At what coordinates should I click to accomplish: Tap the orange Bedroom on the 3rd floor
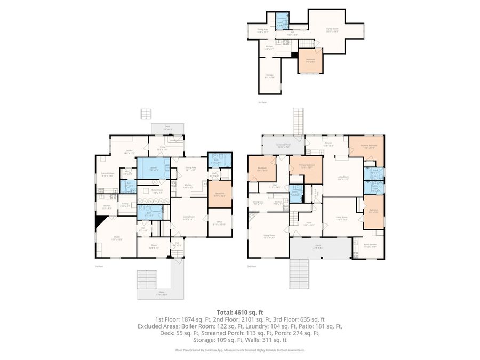310,60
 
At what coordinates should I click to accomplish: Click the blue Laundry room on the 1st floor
153,169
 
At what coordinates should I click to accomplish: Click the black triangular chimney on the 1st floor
99,222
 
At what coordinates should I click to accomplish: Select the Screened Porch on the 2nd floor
283,145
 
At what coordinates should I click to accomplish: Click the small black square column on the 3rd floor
294,54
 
